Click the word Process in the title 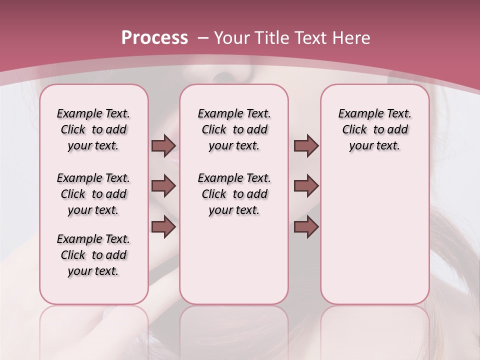[x=154, y=38]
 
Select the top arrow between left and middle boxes [x=163, y=146]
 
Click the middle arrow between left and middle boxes [x=163, y=186]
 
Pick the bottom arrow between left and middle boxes [x=163, y=227]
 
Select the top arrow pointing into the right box [x=306, y=146]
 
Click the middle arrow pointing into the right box [x=306, y=186]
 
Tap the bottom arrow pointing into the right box [x=306, y=227]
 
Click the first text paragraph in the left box [x=93, y=129]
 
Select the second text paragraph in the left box [x=93, y=194]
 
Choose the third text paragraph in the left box [x=93, y=255]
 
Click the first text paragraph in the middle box [x=234, y=129]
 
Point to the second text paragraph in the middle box [x=234, y=194]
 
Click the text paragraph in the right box [x=374, y=129]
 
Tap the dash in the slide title [x=203, y=38]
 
